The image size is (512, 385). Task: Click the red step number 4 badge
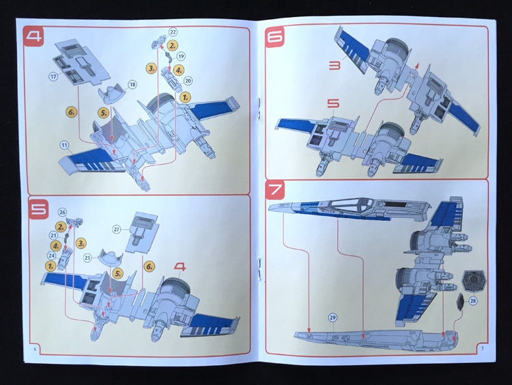coord(33,36)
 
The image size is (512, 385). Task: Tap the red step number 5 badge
coord(38,209)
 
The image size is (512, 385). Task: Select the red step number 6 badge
coord(275,37)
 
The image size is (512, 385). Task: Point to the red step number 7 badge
coord(275,189)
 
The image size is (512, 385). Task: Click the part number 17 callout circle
coord(53,77)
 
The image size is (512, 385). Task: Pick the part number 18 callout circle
coord(132,85)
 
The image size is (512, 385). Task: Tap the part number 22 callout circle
coord(173,31)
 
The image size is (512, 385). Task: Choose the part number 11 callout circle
coord(64,145)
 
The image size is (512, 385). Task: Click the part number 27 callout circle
coord(117,229)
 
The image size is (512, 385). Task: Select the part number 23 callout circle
coord(87,257)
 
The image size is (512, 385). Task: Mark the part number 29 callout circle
coord(332,317)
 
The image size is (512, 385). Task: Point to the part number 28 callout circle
coord(473,300)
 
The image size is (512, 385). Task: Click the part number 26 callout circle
coord(62,212)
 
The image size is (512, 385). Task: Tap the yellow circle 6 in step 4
coord(71,112)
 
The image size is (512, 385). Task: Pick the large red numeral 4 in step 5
coord(180,267)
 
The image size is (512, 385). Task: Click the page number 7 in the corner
coord(482,348)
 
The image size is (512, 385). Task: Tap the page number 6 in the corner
coord(35,349)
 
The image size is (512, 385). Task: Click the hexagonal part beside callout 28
coord(474,280)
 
